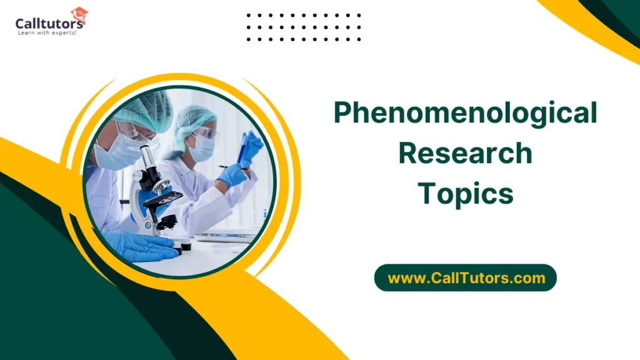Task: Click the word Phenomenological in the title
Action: [x=465, y=114]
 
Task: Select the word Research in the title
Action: [x=465, y=153]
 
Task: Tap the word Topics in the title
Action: [x=465, y=193]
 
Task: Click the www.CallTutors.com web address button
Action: [x=466, y=277]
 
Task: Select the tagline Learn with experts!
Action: [x=47, y=33]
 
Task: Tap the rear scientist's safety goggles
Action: [x=206, y=132]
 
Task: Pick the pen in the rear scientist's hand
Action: [x=224, y=167]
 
